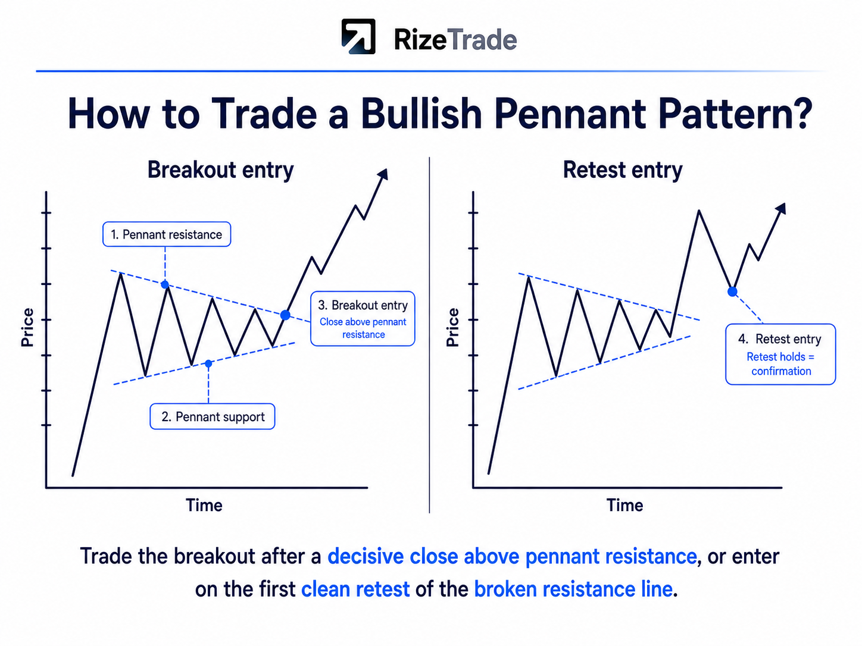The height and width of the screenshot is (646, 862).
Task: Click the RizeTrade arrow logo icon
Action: click(358, 36)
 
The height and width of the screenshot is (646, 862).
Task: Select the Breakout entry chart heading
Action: click(220, 170)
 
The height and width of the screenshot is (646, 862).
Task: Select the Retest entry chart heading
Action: click(623, 170)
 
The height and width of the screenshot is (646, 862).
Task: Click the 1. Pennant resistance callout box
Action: click(167, 234)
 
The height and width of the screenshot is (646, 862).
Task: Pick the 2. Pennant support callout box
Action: click(213, 416)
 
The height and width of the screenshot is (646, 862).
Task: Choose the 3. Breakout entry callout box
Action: click(363, 318)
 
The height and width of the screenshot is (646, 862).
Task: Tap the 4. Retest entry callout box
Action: click(780, 354)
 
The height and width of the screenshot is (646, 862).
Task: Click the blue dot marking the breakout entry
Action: click(286, 315)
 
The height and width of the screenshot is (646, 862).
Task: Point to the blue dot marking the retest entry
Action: click(732, 291)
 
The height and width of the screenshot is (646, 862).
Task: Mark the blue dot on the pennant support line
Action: click(208, 363)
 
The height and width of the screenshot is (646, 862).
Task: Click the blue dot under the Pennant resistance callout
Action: click(165, 284)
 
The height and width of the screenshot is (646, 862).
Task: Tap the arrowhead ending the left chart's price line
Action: click(383, 174)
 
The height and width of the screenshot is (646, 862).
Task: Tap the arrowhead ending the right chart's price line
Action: click(780, 208)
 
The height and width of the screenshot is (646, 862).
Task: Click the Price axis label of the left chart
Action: click(27, 328)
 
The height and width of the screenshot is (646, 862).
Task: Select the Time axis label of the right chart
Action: click(625, 505)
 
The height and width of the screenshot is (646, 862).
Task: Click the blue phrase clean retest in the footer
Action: click(355, 589)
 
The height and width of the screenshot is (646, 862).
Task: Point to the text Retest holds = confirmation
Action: click(780, 364)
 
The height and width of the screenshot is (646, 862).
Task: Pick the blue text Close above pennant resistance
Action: click(363, 328)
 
